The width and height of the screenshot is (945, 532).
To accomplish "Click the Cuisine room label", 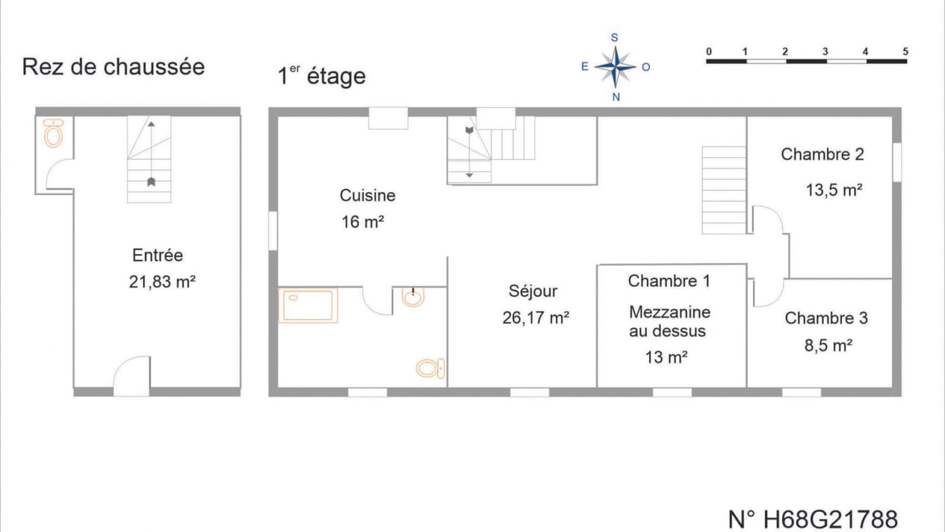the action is click(x=367, y=196).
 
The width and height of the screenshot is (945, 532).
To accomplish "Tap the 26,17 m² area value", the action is click(x=536, y=318).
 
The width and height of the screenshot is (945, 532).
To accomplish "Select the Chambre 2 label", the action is click(x=822, y=155).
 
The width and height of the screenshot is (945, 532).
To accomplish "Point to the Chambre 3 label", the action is click(x=826, y=318).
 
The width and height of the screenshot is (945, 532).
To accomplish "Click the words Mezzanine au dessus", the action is click(x=669, y=322).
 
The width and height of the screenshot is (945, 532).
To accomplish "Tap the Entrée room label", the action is click(x=157, y=255).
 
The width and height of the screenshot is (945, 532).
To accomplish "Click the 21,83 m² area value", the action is click(x=162, y=282).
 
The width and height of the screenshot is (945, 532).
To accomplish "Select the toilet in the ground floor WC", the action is click(x=54, y=133).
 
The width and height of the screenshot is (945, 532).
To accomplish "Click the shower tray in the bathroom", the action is click(x=308, y=305).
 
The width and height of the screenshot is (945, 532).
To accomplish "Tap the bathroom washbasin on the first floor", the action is click(x=413, y=297).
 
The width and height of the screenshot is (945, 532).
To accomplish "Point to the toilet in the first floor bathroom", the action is click(x=430, y=368).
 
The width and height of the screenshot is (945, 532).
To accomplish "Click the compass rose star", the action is click(x=616, y=67).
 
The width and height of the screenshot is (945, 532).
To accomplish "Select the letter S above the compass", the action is click(x=615, y=37).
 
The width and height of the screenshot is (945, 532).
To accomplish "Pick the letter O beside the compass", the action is click(x=646, y=67).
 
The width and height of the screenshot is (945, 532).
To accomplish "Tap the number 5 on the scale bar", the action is click(x=905, y=51).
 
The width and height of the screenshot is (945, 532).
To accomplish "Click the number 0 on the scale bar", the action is click(x=709, y=51).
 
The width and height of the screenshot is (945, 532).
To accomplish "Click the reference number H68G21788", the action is click(x=812, y=519).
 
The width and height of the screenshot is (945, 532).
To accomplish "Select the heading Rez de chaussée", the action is click(x=113, y=67).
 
